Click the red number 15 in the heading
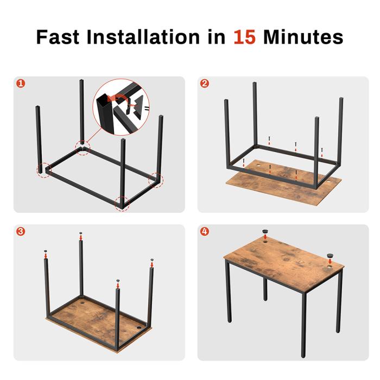pos(244,37)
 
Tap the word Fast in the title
pos(58,37)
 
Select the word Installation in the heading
pos(143,36)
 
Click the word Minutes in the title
pos(303,37)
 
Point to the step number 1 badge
pos(21,84)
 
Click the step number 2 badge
pos(205,84)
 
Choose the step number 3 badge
pos(21,231)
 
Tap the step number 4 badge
pos(205,231)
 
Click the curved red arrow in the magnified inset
pos(118,98)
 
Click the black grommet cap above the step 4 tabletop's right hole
pos(330,256)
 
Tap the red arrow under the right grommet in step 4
pos(330,261)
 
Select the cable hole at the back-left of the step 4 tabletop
pos(265,242)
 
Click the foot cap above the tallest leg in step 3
pos(81,233)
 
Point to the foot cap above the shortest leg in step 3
pos(118,281)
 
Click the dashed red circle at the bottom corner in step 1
pos(122,204)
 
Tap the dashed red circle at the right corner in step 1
pos(156,180)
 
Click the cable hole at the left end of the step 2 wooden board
pos(257,166)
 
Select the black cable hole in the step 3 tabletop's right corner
pos(139,328)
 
